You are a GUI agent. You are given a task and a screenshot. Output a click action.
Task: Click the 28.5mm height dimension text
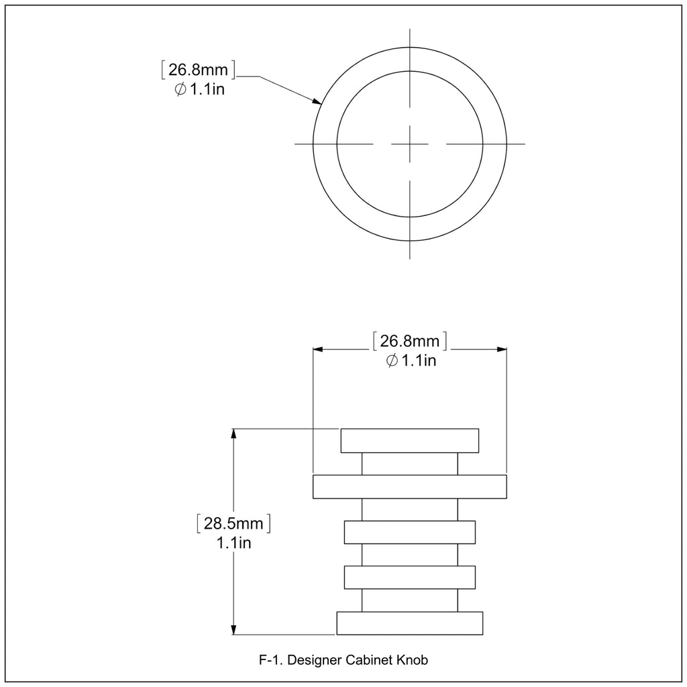click(233, 523)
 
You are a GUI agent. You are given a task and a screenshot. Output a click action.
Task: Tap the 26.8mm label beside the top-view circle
click(198, 69)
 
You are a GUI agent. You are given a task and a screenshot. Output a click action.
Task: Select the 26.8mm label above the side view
click(410, 341)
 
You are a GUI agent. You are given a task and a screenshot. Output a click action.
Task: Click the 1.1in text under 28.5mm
click(234, 543)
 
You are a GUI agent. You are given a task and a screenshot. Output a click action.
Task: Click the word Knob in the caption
click(413, 659)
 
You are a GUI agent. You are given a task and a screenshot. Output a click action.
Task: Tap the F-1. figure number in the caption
click(271, 659)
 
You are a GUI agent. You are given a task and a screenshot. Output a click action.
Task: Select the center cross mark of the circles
click(410, 144)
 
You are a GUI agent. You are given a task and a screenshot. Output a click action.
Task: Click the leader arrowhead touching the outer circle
click(317, 101)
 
